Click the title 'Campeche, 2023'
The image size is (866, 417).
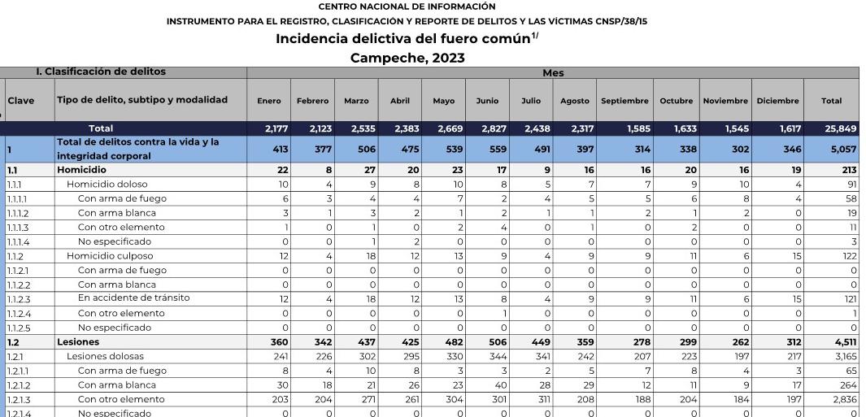(407, 58)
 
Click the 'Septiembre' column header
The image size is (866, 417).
(624, 101)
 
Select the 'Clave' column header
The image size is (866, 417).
(21, 101)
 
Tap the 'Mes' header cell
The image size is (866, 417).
(553, 72)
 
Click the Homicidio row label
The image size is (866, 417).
(81, 170)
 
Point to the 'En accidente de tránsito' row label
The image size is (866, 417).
(133, 298)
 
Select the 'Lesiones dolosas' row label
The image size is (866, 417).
(105, 356)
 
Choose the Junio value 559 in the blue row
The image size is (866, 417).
(489, 150)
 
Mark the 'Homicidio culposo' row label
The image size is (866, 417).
(110, 256)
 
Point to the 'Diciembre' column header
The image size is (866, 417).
(777, 101)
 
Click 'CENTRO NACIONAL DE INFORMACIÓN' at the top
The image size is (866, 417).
(407, 7)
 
